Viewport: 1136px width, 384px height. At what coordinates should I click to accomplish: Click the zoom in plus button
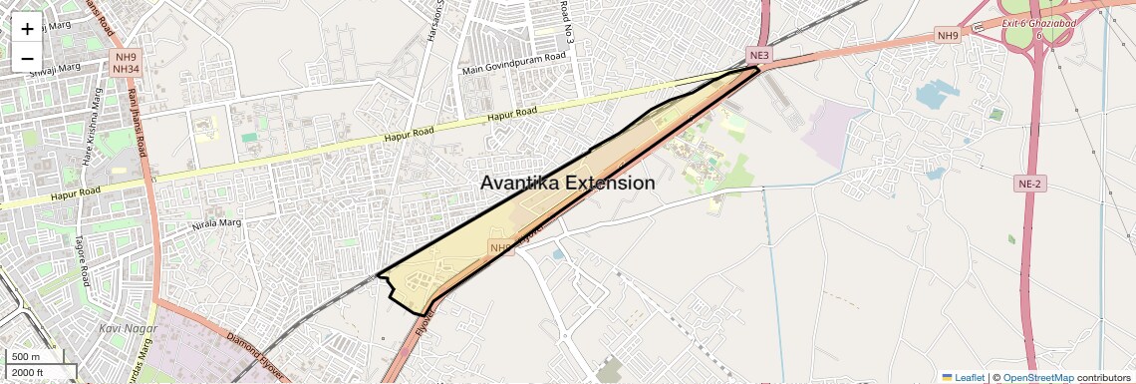pos(27,29)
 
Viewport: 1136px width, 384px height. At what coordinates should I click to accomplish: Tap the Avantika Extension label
pos(567,184)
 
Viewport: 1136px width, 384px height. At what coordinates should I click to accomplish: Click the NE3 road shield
pos(760,54)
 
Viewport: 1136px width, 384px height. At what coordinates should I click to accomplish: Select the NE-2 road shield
pos(1030,184)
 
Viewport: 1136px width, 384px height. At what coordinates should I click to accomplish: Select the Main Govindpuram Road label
pos(514,64)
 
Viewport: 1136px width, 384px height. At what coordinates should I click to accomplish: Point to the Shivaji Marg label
pos(54,69)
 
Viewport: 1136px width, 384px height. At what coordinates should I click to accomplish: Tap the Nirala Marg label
pos(216,224)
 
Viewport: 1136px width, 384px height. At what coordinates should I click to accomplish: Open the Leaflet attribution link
pos(963,377)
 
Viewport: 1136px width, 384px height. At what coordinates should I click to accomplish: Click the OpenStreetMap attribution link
pos(1037,377)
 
